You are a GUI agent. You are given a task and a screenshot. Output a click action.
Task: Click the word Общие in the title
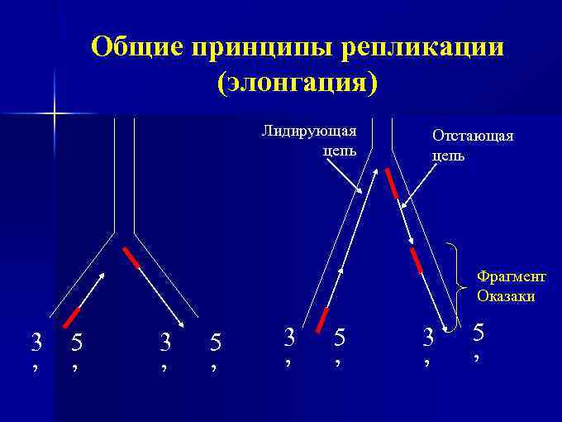pyautogui.click(x=136, y=46)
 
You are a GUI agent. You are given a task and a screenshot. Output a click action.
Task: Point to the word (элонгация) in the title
pyautogui.click(x=297, y=83)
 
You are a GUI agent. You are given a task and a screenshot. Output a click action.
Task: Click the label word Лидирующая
pyautogui.click(x=309, y=131)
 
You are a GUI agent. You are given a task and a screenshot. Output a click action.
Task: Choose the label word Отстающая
pyautogui.click(x=473, y=136)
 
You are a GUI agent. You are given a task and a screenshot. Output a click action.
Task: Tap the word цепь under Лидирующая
pyautogui.click(x=340, y=151)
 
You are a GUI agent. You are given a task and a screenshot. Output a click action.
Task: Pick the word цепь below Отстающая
pyautogui.click(x=448, y=155)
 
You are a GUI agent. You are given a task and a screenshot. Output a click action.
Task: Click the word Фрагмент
pyautogui.click(x=511, y=277)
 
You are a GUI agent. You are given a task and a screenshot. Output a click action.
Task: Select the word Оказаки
pyautogui.click(x=506, y=295)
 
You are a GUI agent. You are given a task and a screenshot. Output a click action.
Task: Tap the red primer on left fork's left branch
pyautogui.click(x=72, y=316)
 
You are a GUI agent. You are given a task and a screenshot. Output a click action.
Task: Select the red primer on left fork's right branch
pyautogui.click(x=131, y=258)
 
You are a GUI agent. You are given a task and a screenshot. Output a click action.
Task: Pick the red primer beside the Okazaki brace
pyautogui.click(x=417, y=259)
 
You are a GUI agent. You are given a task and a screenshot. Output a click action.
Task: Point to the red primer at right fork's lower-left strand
pyautogui.click(x=323, y=320)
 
